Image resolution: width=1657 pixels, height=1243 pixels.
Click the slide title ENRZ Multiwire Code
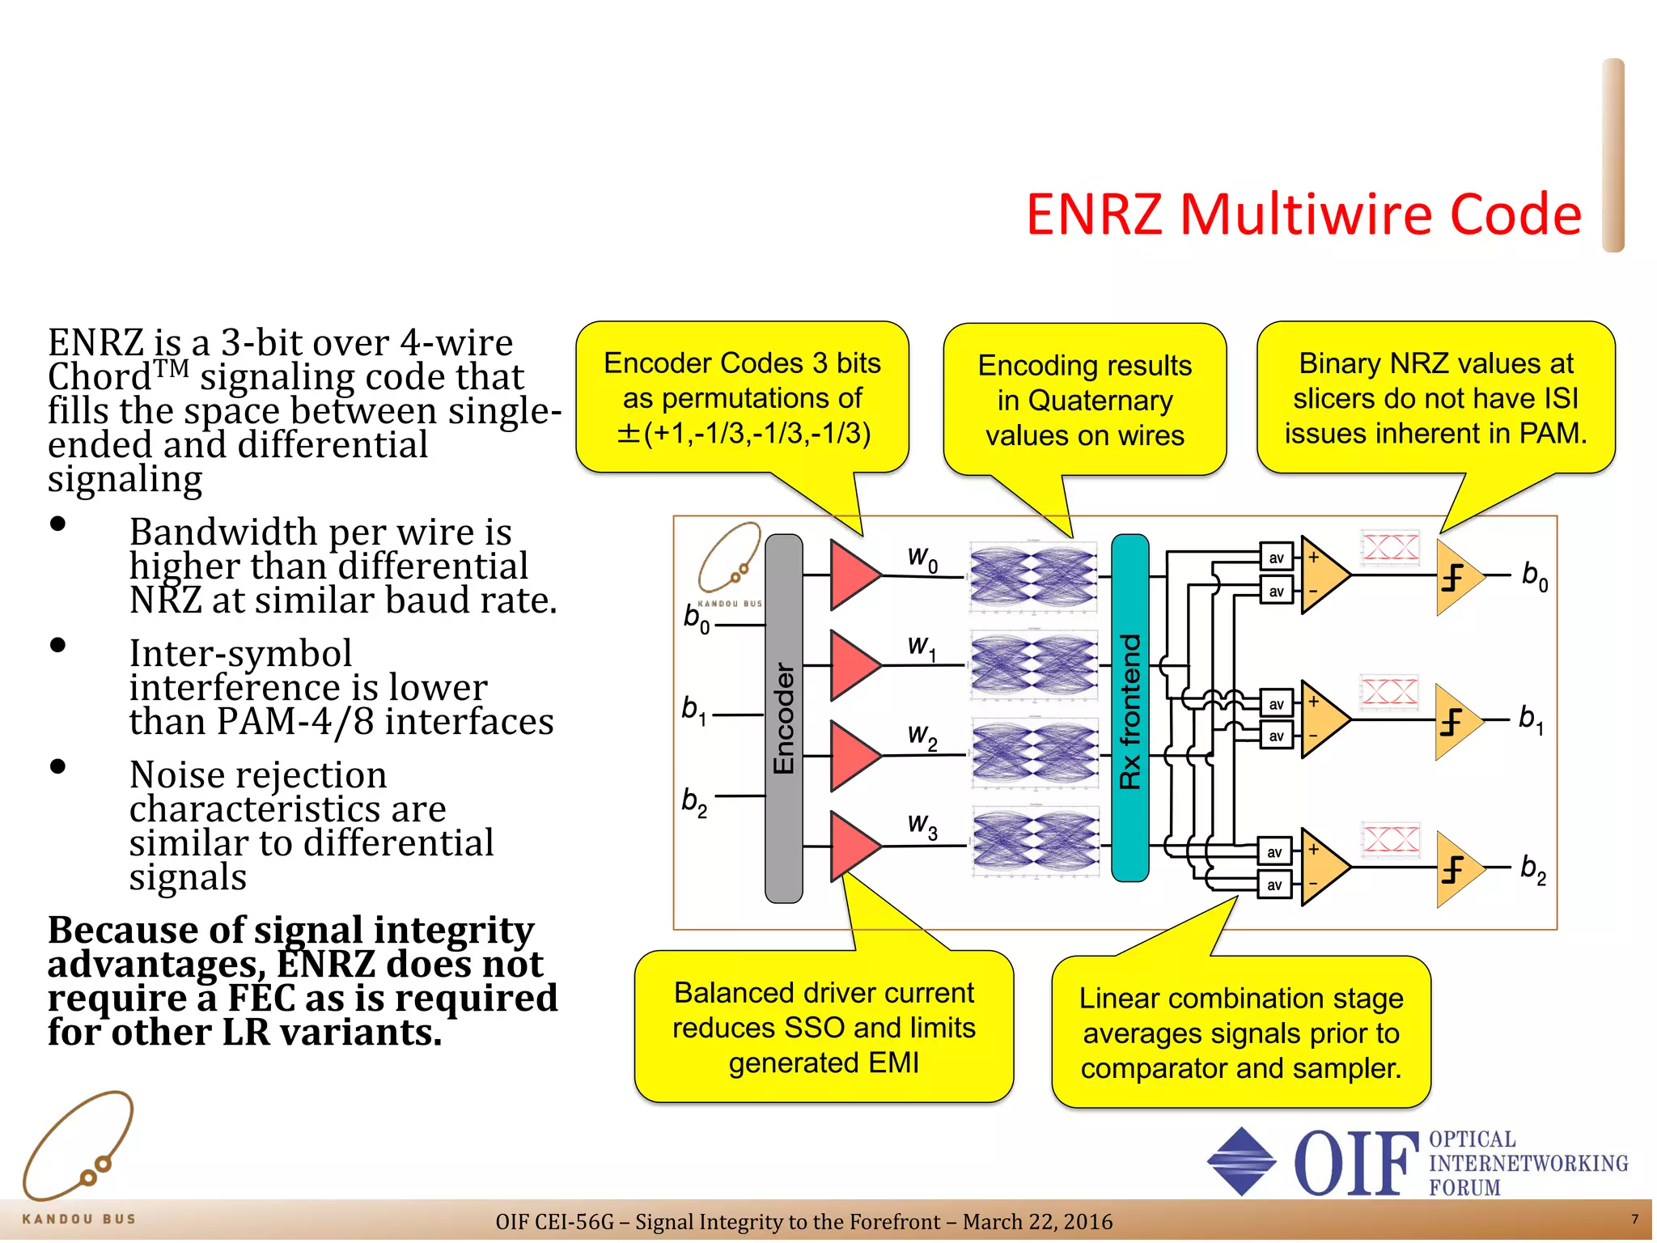coord(1303,214)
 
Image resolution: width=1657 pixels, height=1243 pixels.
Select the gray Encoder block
coord(783,718)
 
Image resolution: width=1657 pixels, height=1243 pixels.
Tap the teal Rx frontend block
coord(1129,708)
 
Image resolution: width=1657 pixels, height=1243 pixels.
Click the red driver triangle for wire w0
coord(852,575)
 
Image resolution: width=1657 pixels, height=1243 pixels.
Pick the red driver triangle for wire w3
coord(852,846)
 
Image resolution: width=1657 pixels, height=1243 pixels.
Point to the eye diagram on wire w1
coord(1034,665)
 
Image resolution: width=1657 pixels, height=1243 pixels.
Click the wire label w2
coord(922,736)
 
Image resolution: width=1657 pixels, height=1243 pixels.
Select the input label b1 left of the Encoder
coord(693,710)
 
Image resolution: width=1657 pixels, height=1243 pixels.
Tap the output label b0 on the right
coord(1534,575)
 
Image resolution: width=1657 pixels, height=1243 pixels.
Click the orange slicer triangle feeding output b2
coord(1457,869)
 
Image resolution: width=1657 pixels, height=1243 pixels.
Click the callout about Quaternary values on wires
coord(1084,400)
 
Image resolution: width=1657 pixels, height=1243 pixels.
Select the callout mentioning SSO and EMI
coord(824,1027)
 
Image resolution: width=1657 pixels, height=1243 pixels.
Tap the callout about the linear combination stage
coord(1240,1033)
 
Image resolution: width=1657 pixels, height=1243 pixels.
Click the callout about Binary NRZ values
coord(1435,398)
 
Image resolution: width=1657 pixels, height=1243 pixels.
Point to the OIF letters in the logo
coord(1356,1164)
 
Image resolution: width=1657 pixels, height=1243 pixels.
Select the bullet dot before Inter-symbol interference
coord(57,645)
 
